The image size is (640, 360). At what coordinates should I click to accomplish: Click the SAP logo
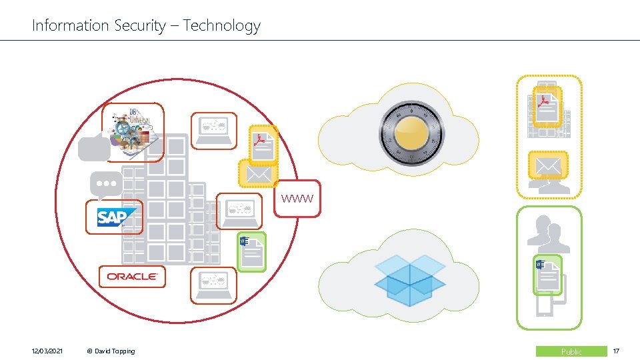(x=115, y=217)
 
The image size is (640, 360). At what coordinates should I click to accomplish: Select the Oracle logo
(x=132, y=277)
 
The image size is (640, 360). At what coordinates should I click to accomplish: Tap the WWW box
(x=297, y=199)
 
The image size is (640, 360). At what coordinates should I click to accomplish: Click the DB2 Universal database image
(x=132, y=132)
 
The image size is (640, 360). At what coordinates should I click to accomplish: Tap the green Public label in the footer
(x=571, y=351)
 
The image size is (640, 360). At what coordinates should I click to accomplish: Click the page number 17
(x=616, y=351)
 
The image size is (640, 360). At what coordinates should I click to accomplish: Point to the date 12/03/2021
(x=47, y=351)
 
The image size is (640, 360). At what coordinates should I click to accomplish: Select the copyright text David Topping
(x=111, y=351)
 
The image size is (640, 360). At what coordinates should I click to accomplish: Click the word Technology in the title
(x=222, y=26)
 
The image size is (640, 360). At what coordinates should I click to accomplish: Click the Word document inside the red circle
(x=252, y=252)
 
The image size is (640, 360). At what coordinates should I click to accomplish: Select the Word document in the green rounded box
(x=548, y=275)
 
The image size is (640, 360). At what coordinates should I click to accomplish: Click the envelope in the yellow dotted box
(x=548, y=164)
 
